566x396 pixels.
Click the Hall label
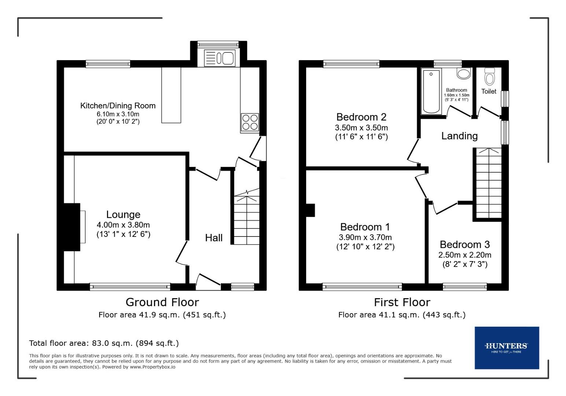(x=214, y=238)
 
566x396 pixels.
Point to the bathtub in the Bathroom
(x=431, y=91)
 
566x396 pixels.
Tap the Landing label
(x=459, y=136)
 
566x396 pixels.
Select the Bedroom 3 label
(x=464, y=245)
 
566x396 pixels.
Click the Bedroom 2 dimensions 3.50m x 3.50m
(x=361, y=128)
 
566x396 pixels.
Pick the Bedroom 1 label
(x=365, y=227)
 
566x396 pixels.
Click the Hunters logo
(x=507, y=347)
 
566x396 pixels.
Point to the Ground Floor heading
(x=162, y=302)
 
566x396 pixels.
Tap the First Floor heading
(x=402, y=302)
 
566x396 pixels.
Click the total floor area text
(x=104, y=343)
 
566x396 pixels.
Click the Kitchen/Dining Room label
(x=118, y=106)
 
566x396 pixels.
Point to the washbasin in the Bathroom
(x=464, y=73)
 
